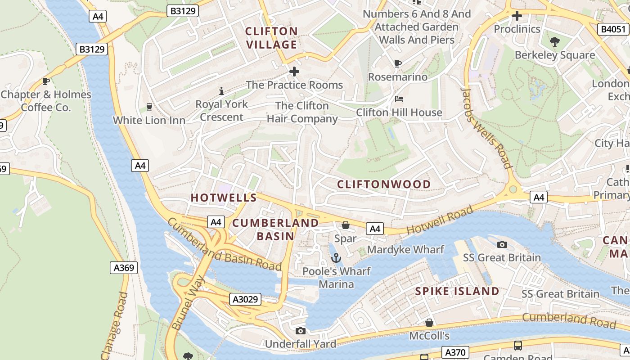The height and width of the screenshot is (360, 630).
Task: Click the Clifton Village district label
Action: point(272,38)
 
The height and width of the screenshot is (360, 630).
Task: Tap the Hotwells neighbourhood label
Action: point(224,198)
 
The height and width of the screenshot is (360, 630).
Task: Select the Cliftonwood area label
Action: point(384,184)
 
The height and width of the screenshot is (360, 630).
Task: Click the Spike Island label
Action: point(457,291)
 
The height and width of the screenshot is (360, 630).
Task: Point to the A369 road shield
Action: point(124,268)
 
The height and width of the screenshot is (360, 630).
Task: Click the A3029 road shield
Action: point(245,299)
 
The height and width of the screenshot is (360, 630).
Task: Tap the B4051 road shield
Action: point(613,30)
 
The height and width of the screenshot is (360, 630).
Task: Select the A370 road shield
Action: point(455,352)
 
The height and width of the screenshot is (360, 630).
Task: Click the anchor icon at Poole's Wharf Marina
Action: point(336,258)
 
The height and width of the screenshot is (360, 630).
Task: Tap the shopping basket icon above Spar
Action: point(346,225)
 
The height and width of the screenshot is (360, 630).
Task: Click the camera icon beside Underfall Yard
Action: point(301,331)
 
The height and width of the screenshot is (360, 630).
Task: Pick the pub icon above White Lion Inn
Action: point(149,107)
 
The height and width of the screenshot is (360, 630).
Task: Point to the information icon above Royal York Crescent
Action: point(221,91)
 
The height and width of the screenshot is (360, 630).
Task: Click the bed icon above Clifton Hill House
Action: point(399,99)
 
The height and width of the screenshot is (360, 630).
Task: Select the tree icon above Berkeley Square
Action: point(555,42)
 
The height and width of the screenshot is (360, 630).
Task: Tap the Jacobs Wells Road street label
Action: point(487,128)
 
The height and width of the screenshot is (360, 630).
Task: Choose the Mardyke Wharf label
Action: point(405,249)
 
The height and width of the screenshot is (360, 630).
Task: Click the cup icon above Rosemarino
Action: point(397,63)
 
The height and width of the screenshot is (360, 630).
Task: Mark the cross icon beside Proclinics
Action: point(517,16)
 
